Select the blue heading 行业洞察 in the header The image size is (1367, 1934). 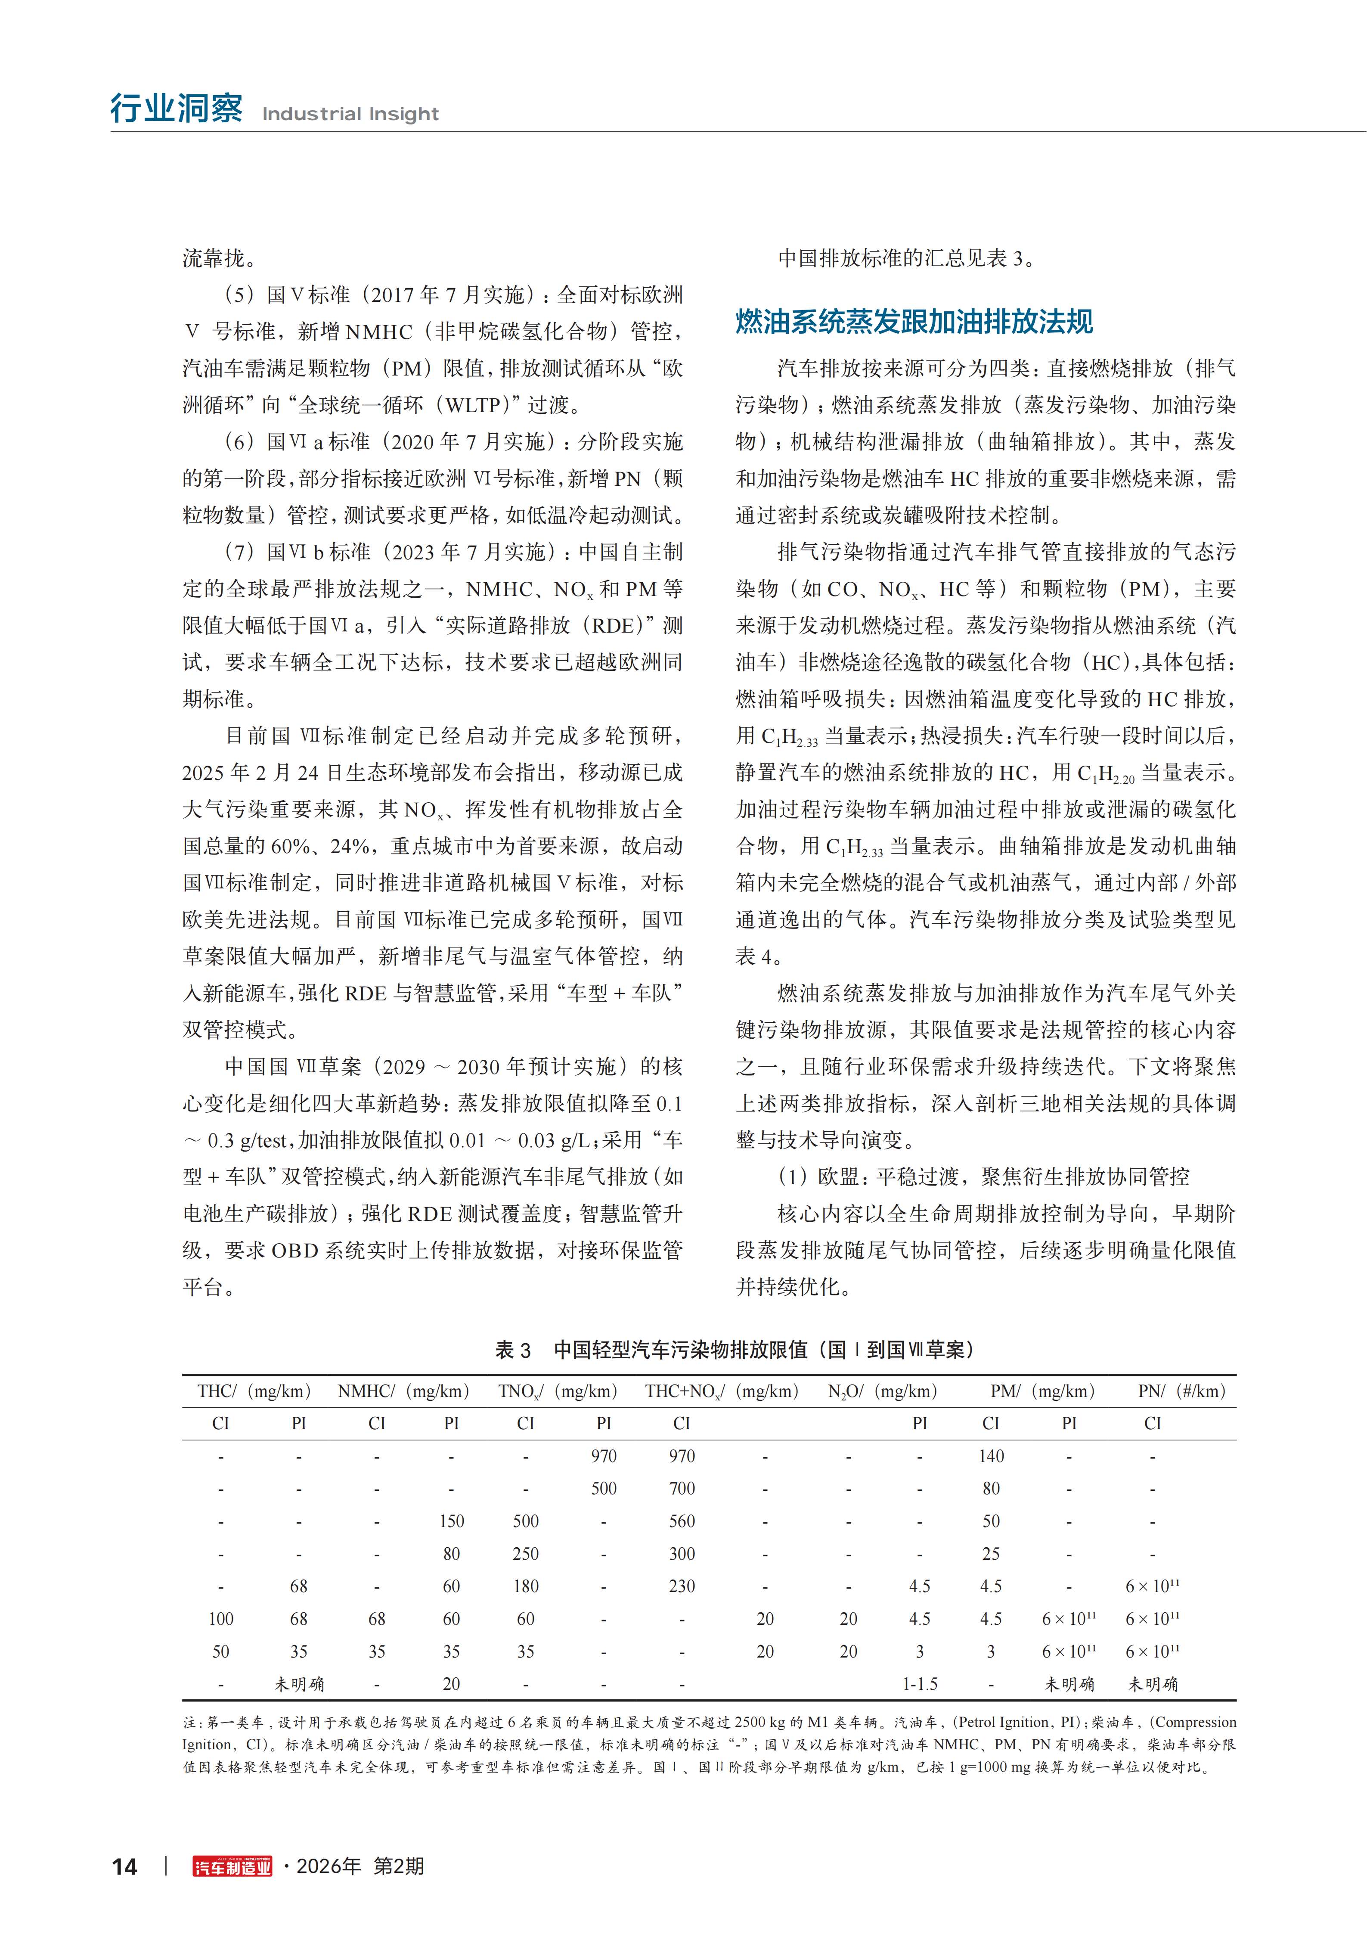pyautogui.click(x=177, y=109)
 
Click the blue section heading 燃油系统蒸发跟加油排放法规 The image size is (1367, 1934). pyautogui.click(x=914, y=322)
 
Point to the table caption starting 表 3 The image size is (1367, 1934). pyautogui.click(x=735, y=1350)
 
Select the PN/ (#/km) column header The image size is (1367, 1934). pyautogui.click(x=1181, y=1391)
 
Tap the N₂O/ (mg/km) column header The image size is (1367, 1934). pyautogui.click(x=882, y=1391)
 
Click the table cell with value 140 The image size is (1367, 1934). pyautogui.click(x=992, y=1456)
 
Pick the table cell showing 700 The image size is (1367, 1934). pyautogui.click(x=682, y=1488)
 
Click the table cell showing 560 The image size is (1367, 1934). pyautogui.click(x=682, y=1521)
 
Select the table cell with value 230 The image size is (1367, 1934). pyautogui.click(x=682, y=1586)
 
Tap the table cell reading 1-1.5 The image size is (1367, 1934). pyautogui.click(x=920, y=1684)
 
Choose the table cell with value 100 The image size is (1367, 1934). pyautogui.click(x=221, y=1619)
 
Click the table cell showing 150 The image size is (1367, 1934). pyautogui.click(x=452, y=1521)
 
